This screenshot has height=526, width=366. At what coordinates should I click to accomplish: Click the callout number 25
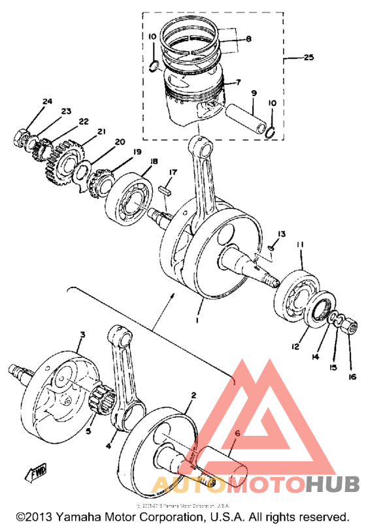308,58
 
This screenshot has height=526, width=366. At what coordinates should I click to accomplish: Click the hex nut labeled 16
350,325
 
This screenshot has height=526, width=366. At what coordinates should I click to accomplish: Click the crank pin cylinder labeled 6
222,461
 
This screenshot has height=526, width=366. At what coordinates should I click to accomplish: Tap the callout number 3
82,335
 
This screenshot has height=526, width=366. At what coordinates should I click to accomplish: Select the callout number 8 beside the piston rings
248,39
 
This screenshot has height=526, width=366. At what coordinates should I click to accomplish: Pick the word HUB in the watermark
333,484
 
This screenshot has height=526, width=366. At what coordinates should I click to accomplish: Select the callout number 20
119,142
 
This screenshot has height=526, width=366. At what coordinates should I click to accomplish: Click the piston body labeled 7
196,91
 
